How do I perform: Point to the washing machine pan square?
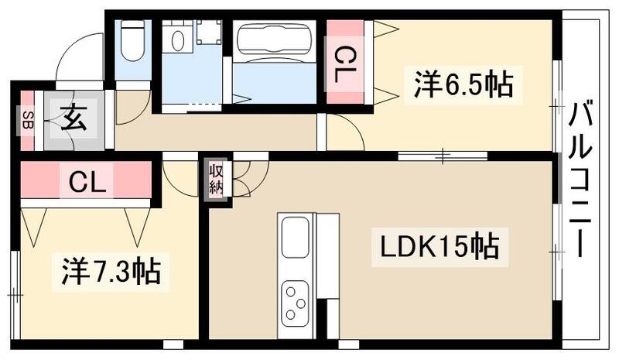pos(208,35)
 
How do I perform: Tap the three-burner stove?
pos(296,301)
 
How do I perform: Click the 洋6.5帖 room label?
pos(463,84)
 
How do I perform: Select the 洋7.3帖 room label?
pos(110,272)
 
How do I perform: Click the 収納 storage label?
pos(216,180)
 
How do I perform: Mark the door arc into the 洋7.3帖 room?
pos(180,180)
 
